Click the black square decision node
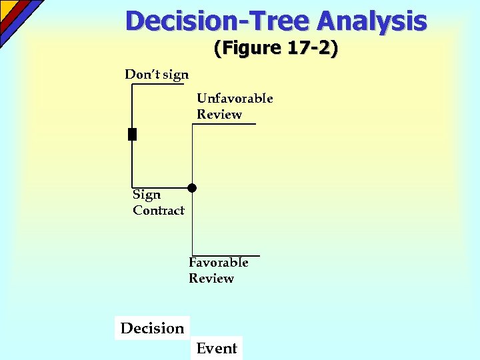(132, 134)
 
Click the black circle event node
(192, 188)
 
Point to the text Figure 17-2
(276, 48)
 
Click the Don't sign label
(157, 74)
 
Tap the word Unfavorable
(235, 99)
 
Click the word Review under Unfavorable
(219, 115)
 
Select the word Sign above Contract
(147, 195)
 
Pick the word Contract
(159, 211)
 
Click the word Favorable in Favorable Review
(219, 263)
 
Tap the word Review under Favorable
(211, 279)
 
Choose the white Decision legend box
(152, 328)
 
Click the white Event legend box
(217, 348)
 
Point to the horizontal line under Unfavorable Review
(224, 124)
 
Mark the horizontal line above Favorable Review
(225, 256)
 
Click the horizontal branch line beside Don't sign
(158, 85)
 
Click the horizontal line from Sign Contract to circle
(160, 187)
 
